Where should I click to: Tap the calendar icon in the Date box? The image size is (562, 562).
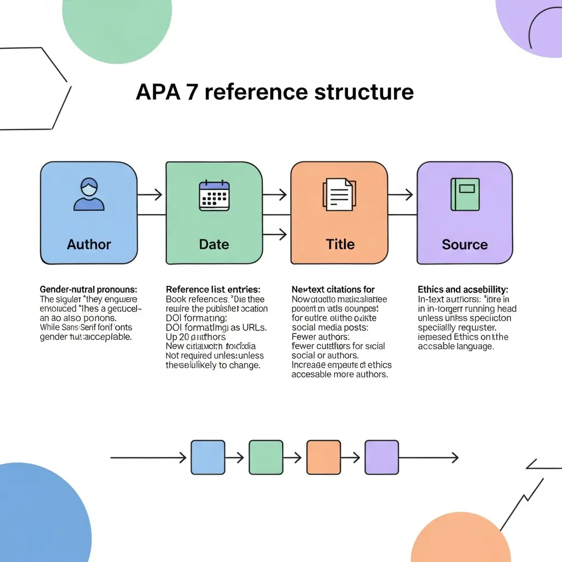[x=214, y=195]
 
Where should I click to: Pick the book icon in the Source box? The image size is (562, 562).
[x=465, y=194]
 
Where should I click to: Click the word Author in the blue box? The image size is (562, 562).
[x=89, y=244]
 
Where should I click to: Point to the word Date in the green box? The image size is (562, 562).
[x=214, y=244]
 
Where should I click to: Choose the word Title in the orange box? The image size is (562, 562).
[x=340, y=244]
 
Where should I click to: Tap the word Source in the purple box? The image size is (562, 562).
[x=465, y=244]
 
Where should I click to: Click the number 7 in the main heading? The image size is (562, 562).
[x=190, y=92]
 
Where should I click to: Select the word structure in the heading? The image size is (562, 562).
[x=364, y=92]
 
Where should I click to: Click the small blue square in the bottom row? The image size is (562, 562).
[x=207, y=457]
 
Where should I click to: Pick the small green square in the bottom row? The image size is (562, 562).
[x=266, y=457]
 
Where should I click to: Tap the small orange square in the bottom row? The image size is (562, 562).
[x=324, y=457]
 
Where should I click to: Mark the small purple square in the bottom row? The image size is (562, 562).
[x=382, y=457]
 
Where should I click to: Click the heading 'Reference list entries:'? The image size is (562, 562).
[x=213, y=289]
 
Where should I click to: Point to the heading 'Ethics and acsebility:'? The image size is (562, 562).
[x=463, y=289]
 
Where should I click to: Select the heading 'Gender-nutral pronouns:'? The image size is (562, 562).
[x=88, y=289]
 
